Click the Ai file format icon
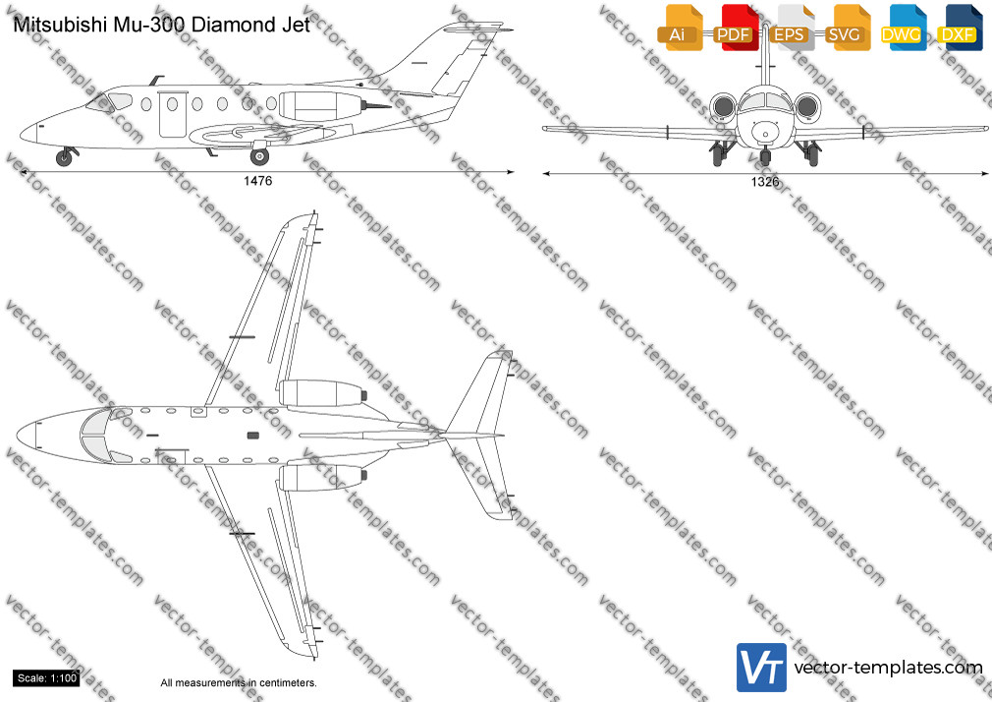coord(680,28)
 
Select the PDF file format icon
coord(736,28)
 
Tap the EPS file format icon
coord(791,28)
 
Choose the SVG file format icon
coord(847,28)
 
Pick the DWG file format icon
coord(903,28)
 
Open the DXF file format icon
coord(960,28)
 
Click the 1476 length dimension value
coord(257,181)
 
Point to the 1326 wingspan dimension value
coord(765,182)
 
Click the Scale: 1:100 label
coord(47,678)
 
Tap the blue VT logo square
coord(761,668)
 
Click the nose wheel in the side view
coord(64,157)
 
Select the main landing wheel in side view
coord(259,156)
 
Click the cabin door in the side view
coord(173,114)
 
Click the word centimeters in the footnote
coord(288,683)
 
